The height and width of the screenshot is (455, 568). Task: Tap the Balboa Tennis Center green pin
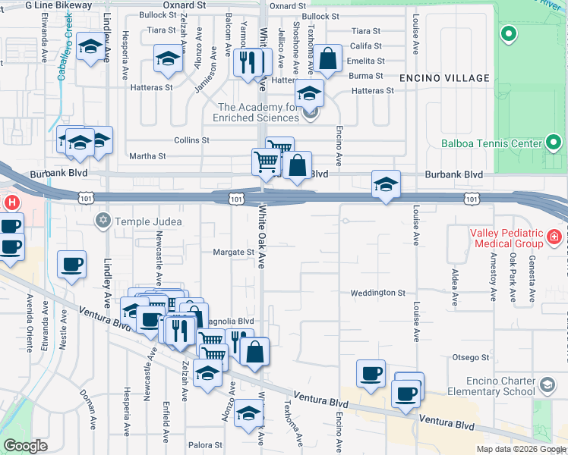[x=554, y=143]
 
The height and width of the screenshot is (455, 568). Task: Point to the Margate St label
[x=232, y=252]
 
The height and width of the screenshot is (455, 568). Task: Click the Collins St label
[x=191, y=140]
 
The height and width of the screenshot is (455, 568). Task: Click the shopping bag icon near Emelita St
[x=327, y=60]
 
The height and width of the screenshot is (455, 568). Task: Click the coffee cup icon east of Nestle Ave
[x=71, y=265]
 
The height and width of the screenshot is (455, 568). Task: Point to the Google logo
[x=25, y=445]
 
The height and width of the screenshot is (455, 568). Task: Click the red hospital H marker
[x=11, y=203]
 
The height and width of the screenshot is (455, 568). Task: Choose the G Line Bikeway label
[x=58, y=5]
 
